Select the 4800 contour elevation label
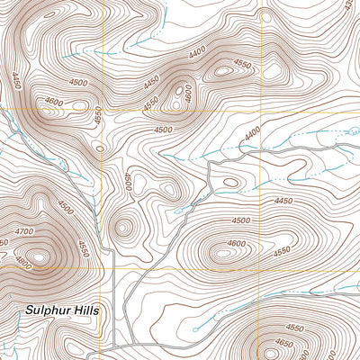pyautogui.click(x=24, y=265)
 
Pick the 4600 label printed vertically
pyautogui.click(x=188, y=93)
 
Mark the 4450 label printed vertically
pyautogui.click(x=17, y=85)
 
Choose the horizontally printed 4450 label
pyautogui.click(x=284, y=202)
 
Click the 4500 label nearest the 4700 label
pyautogui.click(x=66, y=206)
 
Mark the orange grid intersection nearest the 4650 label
pyautogui.click(x=264, y=269)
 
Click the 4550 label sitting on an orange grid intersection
pyautogui.click(x=99, y=112)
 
